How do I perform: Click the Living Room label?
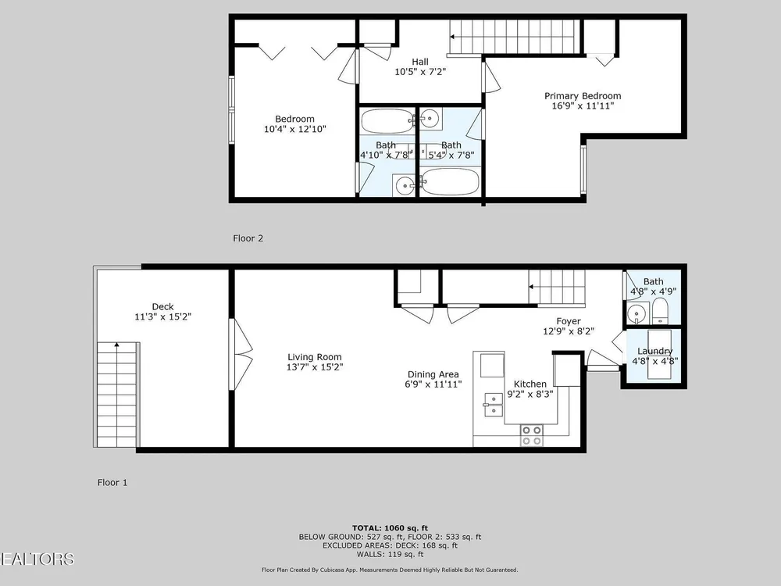click(314, 357)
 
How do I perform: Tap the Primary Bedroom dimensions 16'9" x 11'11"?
click(583, 105)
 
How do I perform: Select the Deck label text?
click(163, 306)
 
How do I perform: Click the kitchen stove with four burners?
click(531, 435)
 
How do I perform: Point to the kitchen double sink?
click(493, 404)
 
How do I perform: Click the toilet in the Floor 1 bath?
click(660, 312)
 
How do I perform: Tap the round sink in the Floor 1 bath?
click(636, 314)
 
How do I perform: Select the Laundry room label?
click(655, 351)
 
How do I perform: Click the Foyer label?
click(569, 321)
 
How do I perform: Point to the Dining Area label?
click(433, 374)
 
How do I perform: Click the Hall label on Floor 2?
click(420, 62)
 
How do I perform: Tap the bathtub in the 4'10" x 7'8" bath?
click(387, 120)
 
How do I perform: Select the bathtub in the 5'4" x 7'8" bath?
click(450, 181)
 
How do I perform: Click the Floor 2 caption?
click(248, 238)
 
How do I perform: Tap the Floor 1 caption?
click(112, 482)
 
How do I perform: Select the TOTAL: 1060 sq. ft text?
click(390, 528)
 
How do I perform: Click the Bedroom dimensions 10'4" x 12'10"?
click(295, 129)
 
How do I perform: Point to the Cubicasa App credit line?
click(390, 570)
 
